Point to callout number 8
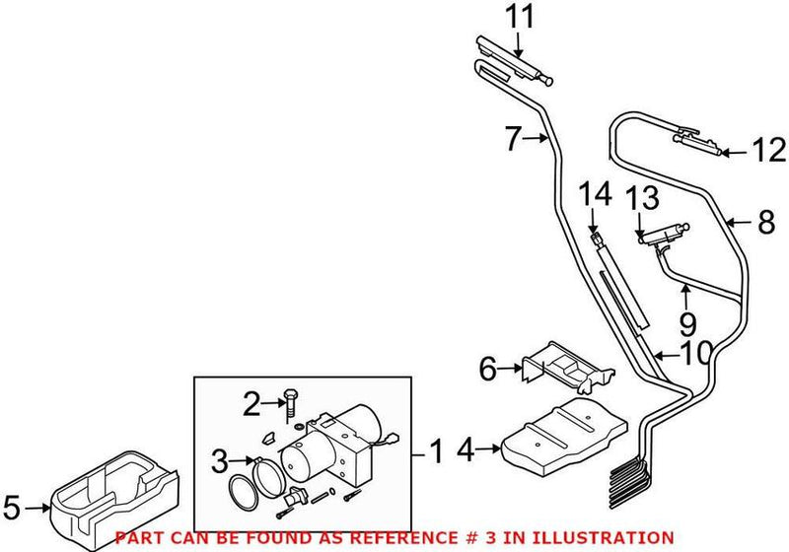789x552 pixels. pos(766,224)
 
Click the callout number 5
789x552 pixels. pos(12,509)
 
